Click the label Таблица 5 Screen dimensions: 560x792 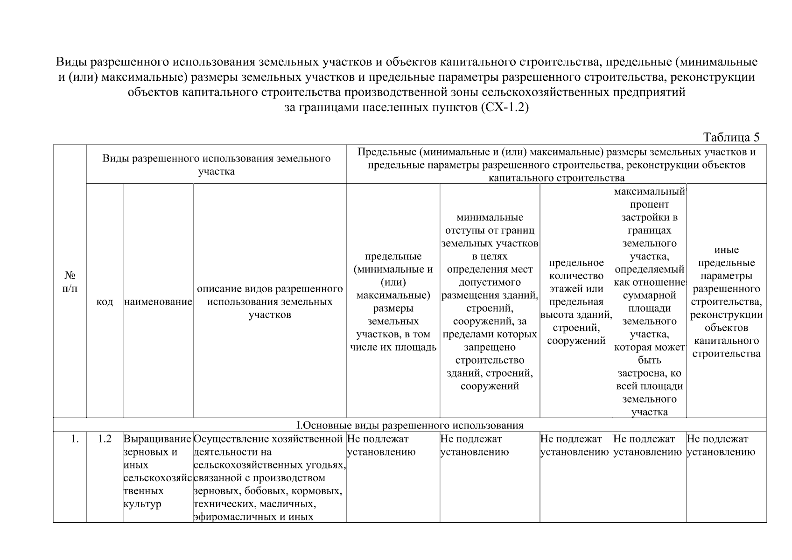(x=731, y=137)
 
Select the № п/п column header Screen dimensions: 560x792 (x=70, y=281)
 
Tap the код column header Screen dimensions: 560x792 (x=105, y=302)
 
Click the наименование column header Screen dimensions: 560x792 (x=158, y=302)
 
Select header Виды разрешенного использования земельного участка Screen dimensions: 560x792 (x=216, y=164)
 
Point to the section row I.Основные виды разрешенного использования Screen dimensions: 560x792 (x=410, y=425)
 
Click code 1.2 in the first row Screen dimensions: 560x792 (x=105, y=439)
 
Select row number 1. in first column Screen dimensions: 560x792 (x=74, y=439)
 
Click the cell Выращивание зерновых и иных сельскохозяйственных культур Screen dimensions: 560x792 (x=157, y=471)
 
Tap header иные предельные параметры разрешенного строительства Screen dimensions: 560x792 (x=726, y=301)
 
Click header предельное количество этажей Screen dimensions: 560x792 (x=576, y=301)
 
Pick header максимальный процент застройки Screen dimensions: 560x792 (x=649, y=301)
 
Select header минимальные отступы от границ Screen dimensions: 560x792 (x=490, y=301)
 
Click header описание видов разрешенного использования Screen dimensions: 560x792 (x=270, y=301)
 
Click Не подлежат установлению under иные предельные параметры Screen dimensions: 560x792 (x=721, y=445)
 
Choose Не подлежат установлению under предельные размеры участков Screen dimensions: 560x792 (x=381, y=445)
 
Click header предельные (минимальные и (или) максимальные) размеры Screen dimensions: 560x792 (x=393, y=301)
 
